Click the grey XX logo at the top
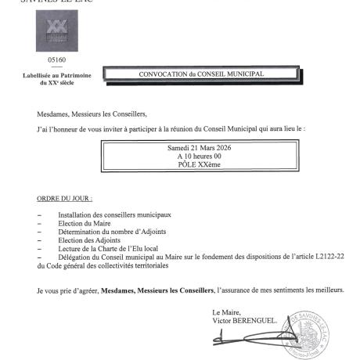pos(55,33)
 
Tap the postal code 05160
pos(55,60)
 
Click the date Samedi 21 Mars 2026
pos(200,148)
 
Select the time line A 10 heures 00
pos(200,157)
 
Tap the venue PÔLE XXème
pos(200,165)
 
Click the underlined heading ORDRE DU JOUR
pos(64,200)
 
